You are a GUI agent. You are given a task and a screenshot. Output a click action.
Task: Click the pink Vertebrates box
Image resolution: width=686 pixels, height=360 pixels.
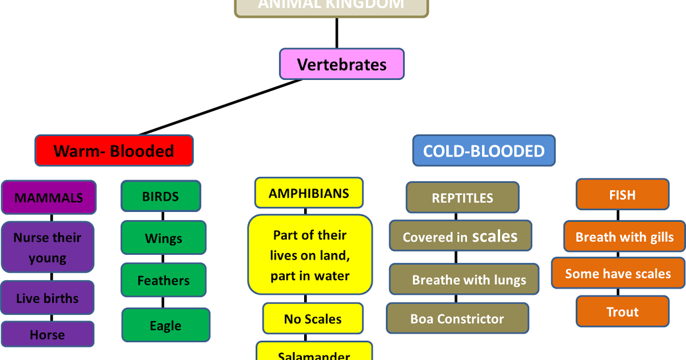[341, 64]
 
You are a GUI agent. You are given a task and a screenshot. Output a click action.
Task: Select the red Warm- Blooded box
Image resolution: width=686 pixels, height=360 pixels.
[114, 151]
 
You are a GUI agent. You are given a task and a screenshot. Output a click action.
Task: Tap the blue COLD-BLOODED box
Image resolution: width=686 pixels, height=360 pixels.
[484, 151]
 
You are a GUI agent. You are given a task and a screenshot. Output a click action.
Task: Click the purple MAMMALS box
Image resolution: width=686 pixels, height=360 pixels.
[49, 198]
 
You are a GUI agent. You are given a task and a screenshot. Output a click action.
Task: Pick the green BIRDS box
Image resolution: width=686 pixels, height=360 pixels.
[161, 197]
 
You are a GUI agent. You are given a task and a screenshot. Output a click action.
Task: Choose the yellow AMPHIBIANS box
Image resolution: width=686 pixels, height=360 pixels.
[309, 193]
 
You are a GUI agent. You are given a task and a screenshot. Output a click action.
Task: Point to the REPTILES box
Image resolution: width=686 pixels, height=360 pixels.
[462, 198]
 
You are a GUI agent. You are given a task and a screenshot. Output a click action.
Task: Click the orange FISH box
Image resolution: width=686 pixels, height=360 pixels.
[622, 195]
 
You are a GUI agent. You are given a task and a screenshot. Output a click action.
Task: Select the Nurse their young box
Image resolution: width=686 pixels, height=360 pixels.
[47, 247]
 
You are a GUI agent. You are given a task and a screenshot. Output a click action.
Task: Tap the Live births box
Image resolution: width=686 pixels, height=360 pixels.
[47, 298]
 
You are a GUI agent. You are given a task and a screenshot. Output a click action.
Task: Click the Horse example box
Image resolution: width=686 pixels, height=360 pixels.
[47, 334]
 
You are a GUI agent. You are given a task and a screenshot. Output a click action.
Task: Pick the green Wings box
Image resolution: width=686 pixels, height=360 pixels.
[163, 238]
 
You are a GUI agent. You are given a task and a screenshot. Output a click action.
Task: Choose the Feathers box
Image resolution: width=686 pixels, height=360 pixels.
[163, 281]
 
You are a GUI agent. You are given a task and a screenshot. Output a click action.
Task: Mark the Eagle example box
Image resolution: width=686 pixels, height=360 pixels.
[166, 326]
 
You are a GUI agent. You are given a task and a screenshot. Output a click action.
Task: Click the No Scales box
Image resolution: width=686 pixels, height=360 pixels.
[313, 319]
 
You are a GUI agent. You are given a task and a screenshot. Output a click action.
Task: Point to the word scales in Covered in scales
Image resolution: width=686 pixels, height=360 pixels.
[495, 236]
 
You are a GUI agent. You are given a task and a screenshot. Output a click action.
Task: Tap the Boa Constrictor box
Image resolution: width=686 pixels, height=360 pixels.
[457, 319]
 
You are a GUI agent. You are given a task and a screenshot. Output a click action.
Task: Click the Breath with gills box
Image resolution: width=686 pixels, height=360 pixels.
[624, 237]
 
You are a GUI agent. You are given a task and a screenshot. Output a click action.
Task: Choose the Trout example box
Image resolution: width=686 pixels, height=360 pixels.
[623, 312]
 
